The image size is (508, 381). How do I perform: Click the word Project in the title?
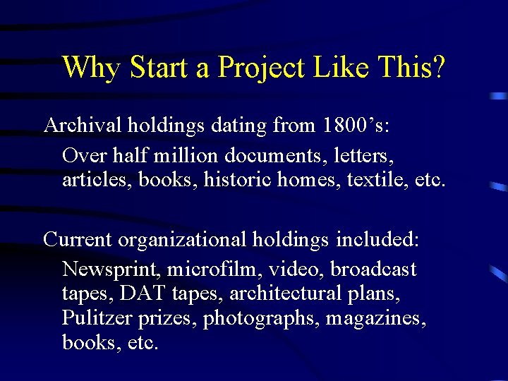(x=262, y=68)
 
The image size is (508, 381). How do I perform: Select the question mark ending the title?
(x=438, y=68)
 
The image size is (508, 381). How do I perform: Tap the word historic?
(x=237, y=180)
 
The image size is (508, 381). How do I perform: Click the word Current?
(x=78, y=239)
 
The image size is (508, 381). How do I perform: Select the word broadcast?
(x=373, y=269)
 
